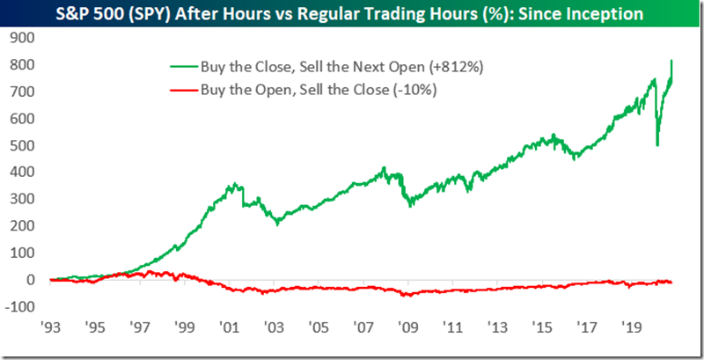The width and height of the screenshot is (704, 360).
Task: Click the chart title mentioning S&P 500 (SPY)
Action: pos(351,14)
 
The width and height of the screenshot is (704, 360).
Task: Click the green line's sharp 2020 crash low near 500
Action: pos(658,144)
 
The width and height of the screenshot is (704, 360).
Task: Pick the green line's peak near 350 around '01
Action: pos(232,184)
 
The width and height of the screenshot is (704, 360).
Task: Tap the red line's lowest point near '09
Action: pos(406,297)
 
